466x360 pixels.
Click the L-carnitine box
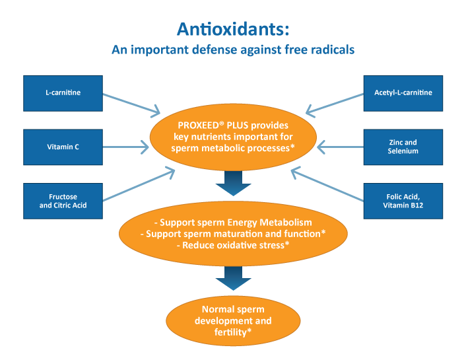coord(63,93)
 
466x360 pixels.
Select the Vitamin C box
coord(63,147)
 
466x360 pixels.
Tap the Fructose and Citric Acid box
coord(63,201)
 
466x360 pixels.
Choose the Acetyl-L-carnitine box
coord(403,93)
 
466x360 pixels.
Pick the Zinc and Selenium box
coord(403,147)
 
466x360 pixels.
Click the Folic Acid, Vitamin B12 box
coord(403,201)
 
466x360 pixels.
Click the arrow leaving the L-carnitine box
coord(131,104)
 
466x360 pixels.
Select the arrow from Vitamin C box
coord(126,147)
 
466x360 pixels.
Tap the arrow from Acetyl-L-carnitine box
coord(335,104)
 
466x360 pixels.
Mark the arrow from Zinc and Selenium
coord(341,147)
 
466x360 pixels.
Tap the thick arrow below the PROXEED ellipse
coord(233,183)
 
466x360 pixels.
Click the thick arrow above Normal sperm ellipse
coord(233,278)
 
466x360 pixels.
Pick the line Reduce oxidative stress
coord(233,245)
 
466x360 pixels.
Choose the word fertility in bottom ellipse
coord(230,332)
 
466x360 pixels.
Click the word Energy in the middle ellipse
coord(242,223)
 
